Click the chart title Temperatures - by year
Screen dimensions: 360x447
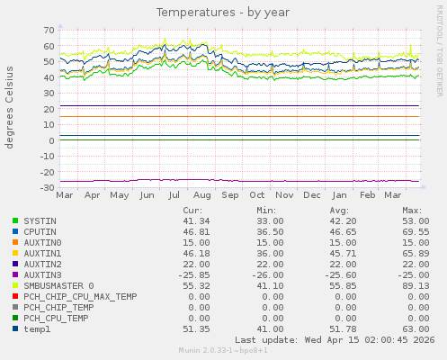(223, 13)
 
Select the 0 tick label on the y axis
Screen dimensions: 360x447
(51, 140)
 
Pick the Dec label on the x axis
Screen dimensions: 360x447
(312, 194)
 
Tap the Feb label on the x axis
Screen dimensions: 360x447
(367, 194)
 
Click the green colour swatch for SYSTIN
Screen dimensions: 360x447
(15, 220)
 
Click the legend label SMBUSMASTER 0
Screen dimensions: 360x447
(58, 285)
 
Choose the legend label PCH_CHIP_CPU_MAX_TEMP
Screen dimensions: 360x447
(80, 296)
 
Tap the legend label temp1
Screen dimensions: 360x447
(38, 328)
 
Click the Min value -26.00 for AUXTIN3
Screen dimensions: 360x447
(266, 274)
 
